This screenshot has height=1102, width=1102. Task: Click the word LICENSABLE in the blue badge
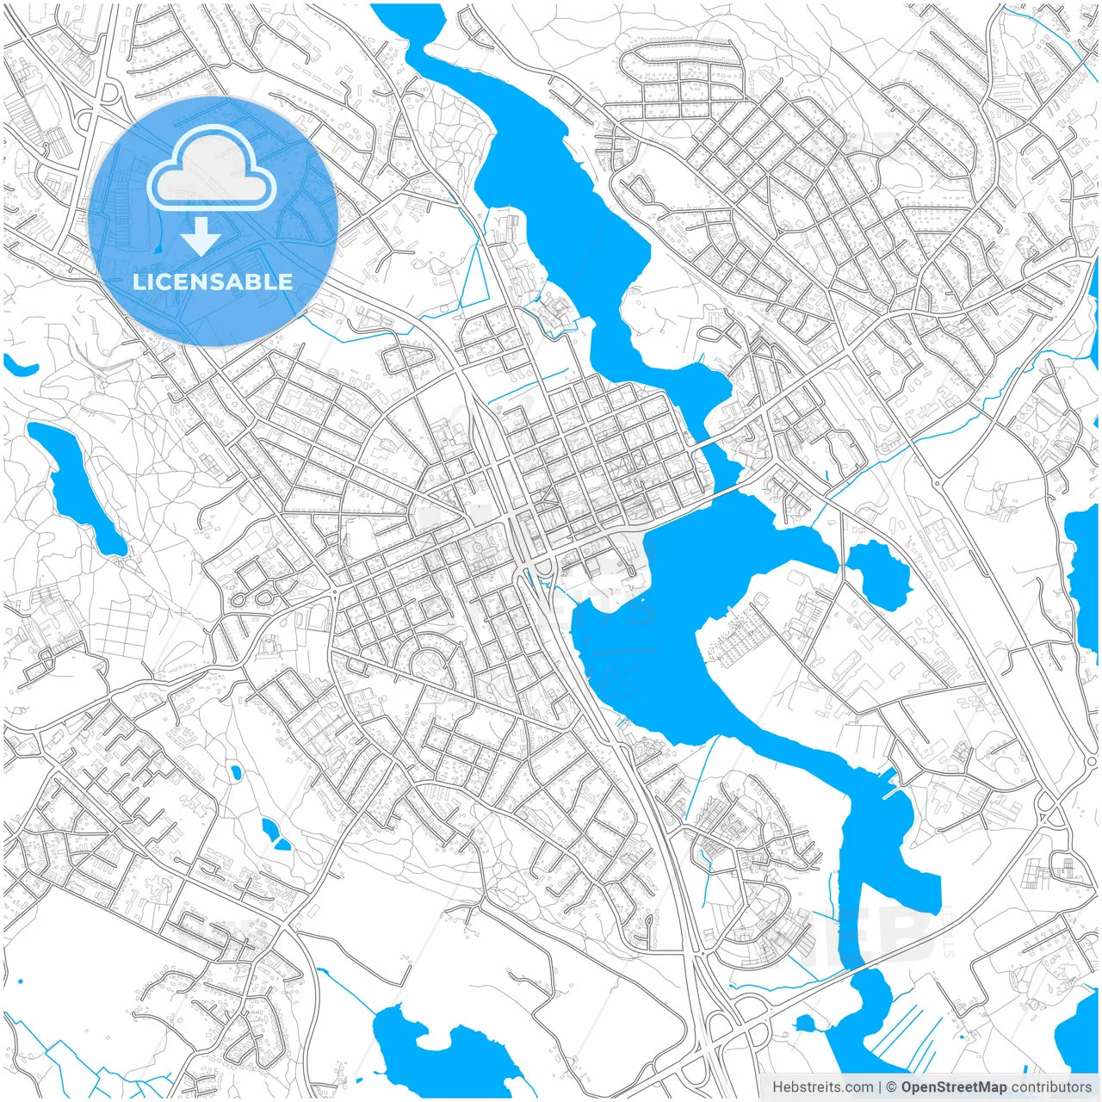213,282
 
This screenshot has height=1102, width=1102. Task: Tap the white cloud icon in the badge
212,170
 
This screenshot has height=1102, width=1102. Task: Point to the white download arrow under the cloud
201,236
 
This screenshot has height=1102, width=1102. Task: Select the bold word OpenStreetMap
954,1087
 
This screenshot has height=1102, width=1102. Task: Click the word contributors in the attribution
1051,1087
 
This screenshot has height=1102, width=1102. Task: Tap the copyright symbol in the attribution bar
892,1087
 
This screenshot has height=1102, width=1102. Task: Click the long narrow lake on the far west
82,486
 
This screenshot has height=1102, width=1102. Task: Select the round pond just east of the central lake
878,573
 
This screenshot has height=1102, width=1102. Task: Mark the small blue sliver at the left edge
19,366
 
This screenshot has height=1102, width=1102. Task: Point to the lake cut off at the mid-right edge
1083,551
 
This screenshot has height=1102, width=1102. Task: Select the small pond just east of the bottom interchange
806,1024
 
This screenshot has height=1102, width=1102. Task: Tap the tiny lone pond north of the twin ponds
234,772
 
